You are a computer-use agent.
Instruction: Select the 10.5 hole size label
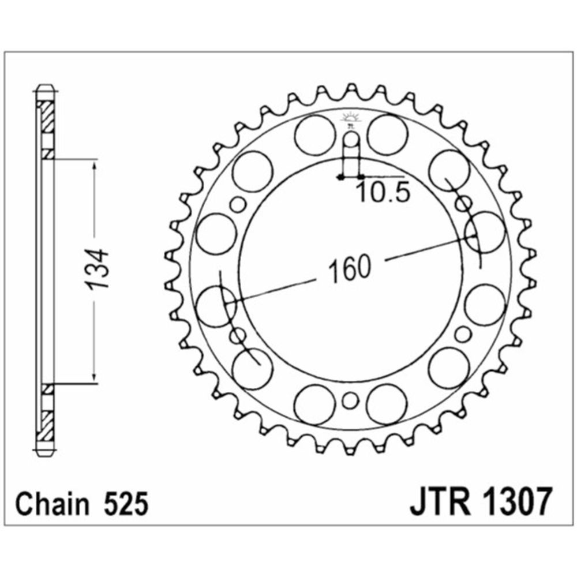pyautogui.click(x=383, y=193)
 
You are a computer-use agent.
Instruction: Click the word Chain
pyautogui.click(x=53, y=503)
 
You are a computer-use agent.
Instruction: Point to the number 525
pyautogui.click(x=126, y=503)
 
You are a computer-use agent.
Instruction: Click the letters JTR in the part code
pyautogui.click(x=440, y=501)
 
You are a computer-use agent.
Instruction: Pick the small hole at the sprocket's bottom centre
pyautogui.click(x=350, y=400)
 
